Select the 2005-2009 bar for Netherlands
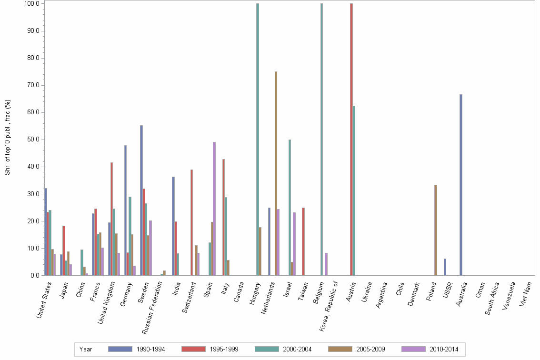click(x=276, y=173)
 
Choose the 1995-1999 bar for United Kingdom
click(x=111, y=219)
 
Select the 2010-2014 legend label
click(x=444, y=349)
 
